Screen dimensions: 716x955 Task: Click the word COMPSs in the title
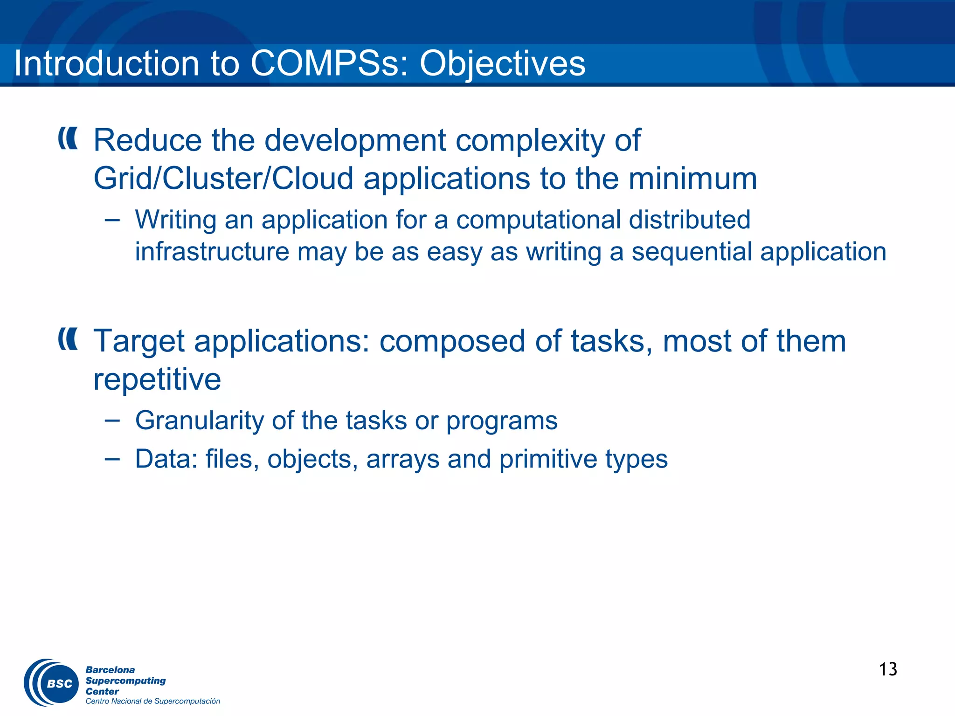(x=325, y=63)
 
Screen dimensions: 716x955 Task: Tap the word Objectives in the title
(x=502, y=63)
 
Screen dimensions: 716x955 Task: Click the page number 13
(x=888, y=669)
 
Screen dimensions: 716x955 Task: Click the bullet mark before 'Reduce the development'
(x=68, y=138)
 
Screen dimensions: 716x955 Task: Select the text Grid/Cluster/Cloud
(x=223, y=179)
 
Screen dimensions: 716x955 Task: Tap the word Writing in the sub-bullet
(x=176, y=220)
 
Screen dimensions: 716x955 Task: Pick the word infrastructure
(x=212, y=252)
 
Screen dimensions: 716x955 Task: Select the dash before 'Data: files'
(x=112, y=459)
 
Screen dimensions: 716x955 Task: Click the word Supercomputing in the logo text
(x=125, y=681)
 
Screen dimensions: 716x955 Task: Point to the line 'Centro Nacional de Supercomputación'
(x=152, y=701)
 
